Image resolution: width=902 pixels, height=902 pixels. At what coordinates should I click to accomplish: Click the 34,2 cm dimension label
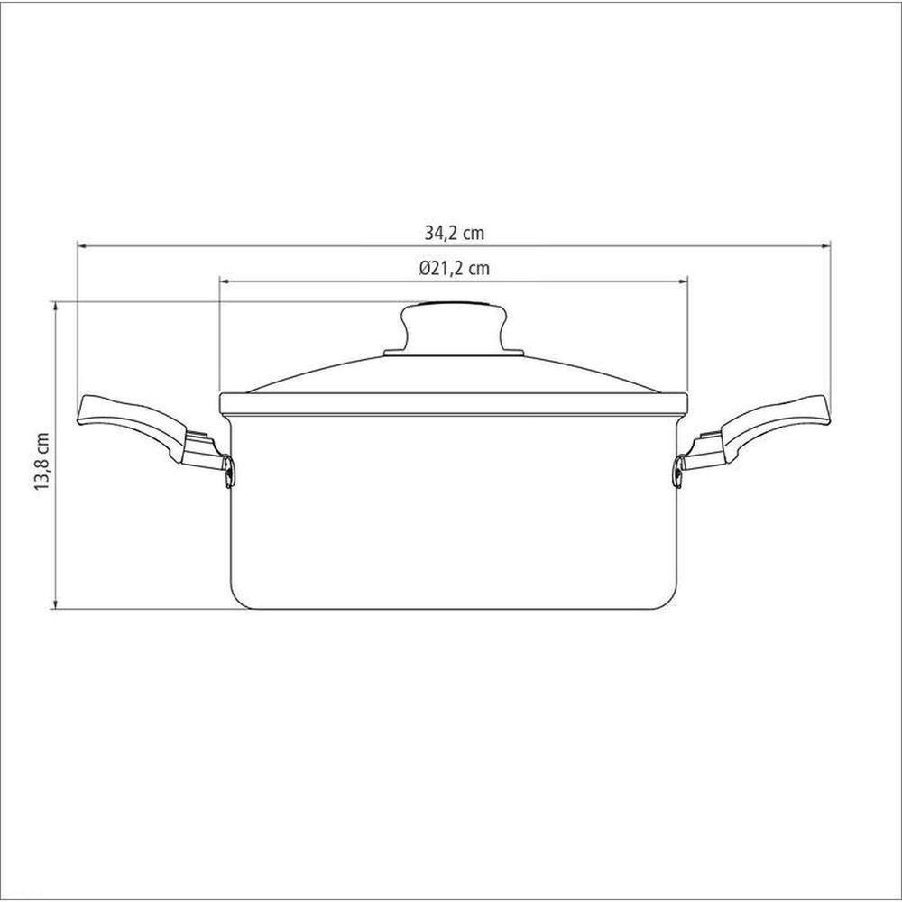pos(455,233)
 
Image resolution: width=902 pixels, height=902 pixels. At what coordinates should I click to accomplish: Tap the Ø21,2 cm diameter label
pos(455,268)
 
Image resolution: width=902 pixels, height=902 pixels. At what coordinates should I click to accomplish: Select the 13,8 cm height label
pos(42,461)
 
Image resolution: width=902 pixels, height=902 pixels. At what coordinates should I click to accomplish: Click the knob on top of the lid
pos(454,326)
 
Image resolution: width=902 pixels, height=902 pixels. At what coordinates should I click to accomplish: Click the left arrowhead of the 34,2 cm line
pos(82,246)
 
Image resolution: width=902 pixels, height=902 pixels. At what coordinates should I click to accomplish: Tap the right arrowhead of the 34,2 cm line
pos(826,246)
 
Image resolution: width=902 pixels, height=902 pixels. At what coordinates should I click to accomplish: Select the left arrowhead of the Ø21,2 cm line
pos(225,281)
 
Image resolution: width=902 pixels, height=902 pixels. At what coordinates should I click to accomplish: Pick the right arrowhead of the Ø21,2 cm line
pos(684,281)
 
